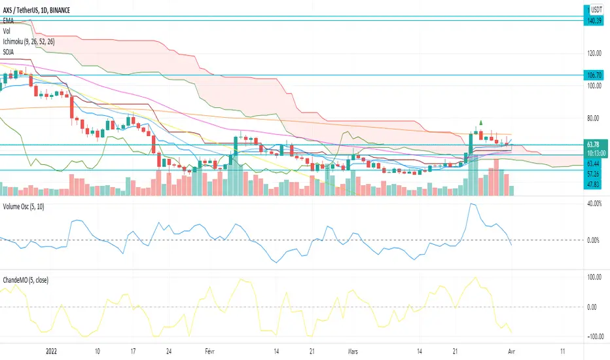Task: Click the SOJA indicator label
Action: pos(10,50)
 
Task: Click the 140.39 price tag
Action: pos(595,21)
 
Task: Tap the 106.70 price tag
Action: pos(595,76)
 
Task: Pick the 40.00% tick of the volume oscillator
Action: pos(594,204)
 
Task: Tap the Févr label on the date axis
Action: pos(208,350)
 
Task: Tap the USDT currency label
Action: pos(596,10)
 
